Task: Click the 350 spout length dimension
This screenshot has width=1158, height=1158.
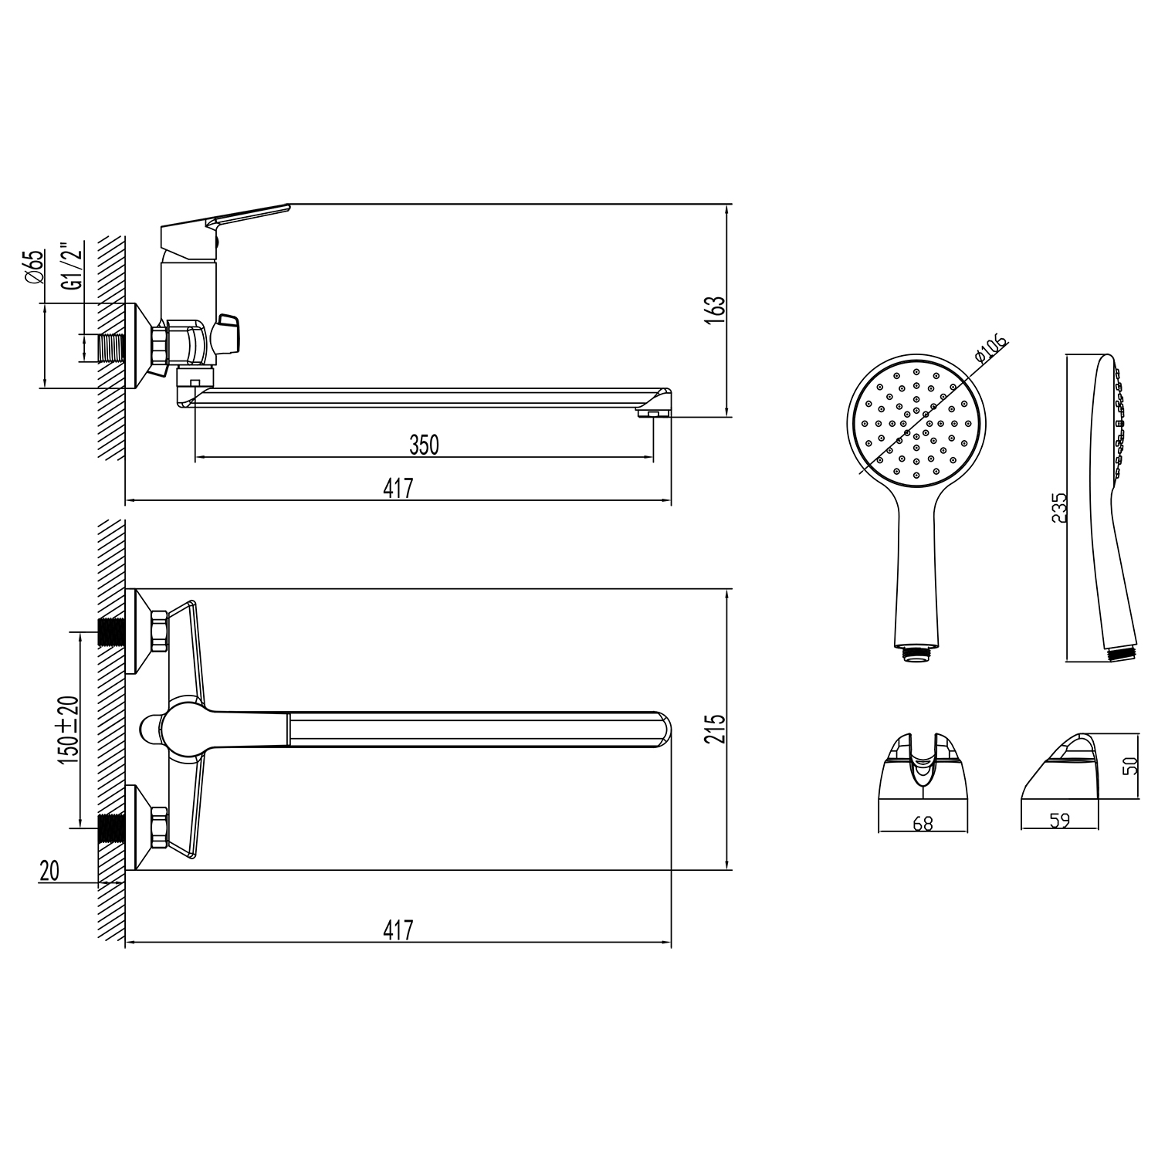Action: coord(424,445)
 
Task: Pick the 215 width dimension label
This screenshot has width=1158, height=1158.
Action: coord(716,729)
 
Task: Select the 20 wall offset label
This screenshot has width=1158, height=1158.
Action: coord(49,871)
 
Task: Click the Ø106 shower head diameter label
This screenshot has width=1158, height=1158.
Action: coord(991,348)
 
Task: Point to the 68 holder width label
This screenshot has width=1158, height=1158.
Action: coord(923,824)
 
